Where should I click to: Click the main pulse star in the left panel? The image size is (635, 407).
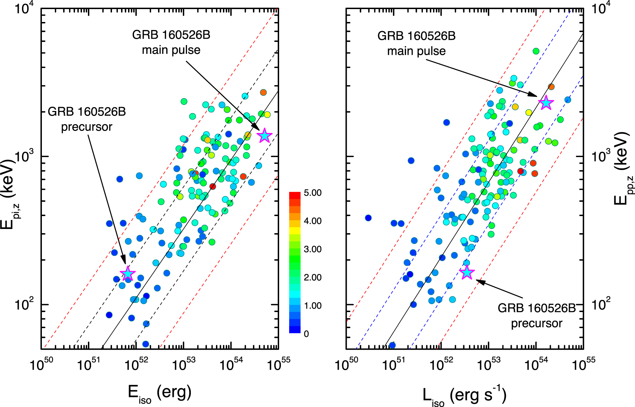[x=264, y=135]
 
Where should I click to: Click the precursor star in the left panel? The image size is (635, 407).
[x=128, y=274]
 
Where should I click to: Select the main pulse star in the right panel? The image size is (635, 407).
[x=546, y=103]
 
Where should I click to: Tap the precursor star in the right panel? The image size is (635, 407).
[x=467, y=273]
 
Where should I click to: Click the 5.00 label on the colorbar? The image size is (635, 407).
[x=312, y=193]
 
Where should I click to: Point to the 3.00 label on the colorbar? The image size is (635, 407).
[x=312, y=249]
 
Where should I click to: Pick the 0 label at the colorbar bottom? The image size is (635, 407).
[x=306, y=334]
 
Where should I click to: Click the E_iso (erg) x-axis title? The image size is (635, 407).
[x=160, y=394]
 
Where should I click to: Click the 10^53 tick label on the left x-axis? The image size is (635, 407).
[x=184, y=364]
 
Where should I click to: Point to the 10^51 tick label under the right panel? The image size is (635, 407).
[x=394, y=364]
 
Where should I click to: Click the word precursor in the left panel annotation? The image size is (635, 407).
[x=87, y=127]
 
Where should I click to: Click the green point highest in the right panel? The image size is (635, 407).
[x=536, y=51]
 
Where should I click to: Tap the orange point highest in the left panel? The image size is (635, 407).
[x=263, y=92]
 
